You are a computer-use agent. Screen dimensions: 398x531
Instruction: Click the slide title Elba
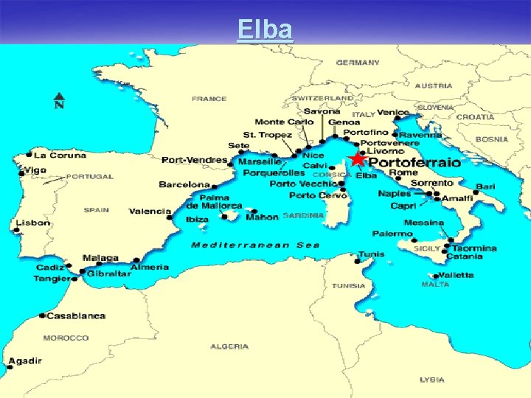click(x=265, y=29)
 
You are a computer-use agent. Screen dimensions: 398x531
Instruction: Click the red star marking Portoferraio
click(x=358, y=159)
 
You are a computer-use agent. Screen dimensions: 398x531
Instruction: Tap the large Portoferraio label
click(x=414, y=161)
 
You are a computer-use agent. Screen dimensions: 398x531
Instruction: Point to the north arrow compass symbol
click(x=58, y=100)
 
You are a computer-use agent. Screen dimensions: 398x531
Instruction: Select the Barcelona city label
click(x=184, y=184)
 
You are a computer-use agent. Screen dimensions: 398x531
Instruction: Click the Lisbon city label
click(x=34, y=223)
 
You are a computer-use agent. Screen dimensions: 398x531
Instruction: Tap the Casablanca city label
click(x=75, y=316)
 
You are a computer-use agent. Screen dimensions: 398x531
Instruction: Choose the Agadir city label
click(x=26, y=361)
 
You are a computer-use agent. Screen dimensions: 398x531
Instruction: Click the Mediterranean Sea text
click(x=255, y=245)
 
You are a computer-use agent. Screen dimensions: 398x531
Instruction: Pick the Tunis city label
click(x=371, y=254)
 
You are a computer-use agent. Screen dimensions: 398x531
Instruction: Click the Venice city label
click(x=392, y=113)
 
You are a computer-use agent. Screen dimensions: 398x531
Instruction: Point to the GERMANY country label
click(x=358, y=63)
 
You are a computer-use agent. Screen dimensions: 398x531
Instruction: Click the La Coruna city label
click(x=60, y=156)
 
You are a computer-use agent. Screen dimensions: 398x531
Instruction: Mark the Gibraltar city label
click(x=108, y=273)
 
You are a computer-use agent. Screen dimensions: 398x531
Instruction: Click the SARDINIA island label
click(x=303, y=216)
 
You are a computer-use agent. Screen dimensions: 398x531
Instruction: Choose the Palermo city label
click(x=392, y=234)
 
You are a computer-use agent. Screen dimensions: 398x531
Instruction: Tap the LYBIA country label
click(x=431, y=380)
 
